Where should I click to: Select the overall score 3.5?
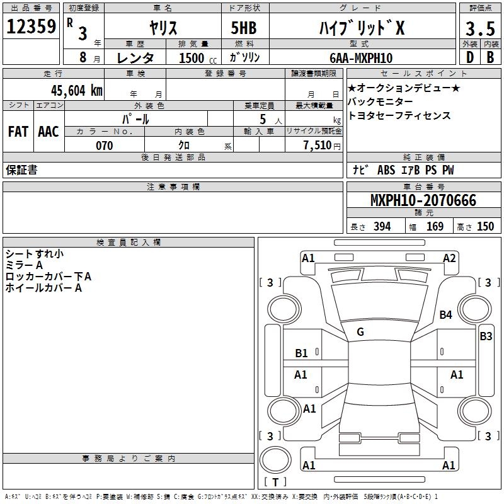pyautogui.click(x=479, y=28)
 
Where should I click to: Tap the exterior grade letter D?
pyautogui.click(x=469, y=57)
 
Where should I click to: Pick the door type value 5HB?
pyautogui.click(x=239, y=28)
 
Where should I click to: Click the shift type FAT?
pyautogui.click(x=18, y=131)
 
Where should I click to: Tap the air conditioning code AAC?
pyautogui.click(x=49, y=131)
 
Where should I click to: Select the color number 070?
pyautogui.click(x=104, y=146)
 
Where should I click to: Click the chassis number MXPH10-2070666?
pyautogui.click(x=423, y=201)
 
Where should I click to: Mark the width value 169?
pyautogui.click(x=435, y=227)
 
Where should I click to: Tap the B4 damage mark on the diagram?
pyautogui.click(x=446, y=314)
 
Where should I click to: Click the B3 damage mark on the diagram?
pyautogui.click(x=486, y=336)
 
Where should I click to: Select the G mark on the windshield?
pyautogui.click(x=360, y=332)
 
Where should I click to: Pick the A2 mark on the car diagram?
pyautogui.click(x=449, y=258)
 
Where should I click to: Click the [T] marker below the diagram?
pyautogui.click(x=275, y=483)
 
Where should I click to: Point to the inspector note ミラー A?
pyautogui.click(x=25, y=265)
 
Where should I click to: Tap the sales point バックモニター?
pyautogui.click(x=381, y=101)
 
